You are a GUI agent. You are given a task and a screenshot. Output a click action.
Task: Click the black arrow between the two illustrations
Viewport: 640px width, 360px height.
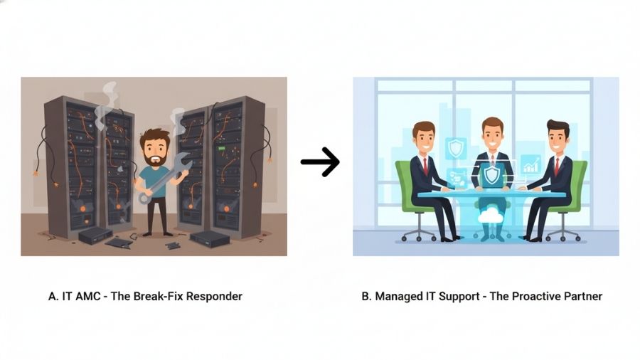pyautogui.click(x=321, y=162)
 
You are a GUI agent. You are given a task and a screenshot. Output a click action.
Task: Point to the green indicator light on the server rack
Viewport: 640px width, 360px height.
pyautogui.click(x=222, y=148)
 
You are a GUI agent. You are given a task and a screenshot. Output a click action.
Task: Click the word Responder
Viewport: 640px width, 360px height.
pyautogui.click(x=215, y=297)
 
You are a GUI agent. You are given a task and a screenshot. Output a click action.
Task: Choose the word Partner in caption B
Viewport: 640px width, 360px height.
pyautogui.click(x=583, y=296)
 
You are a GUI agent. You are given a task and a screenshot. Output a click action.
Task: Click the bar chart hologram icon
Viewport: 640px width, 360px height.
pyautogui.click(x=530, y=164)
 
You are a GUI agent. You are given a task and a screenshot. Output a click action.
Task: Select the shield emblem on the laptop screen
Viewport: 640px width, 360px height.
pyautogui.click(x=490, y=175)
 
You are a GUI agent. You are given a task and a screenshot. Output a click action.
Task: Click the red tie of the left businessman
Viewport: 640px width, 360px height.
pyautogui.click(x=425, y=166)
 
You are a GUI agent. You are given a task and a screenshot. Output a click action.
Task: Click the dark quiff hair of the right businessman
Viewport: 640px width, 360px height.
pyautogui.click(x=558, y=126)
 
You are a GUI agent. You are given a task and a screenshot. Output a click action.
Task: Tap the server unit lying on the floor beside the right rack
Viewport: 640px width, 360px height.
pyautogui.click(x=210, y=238)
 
